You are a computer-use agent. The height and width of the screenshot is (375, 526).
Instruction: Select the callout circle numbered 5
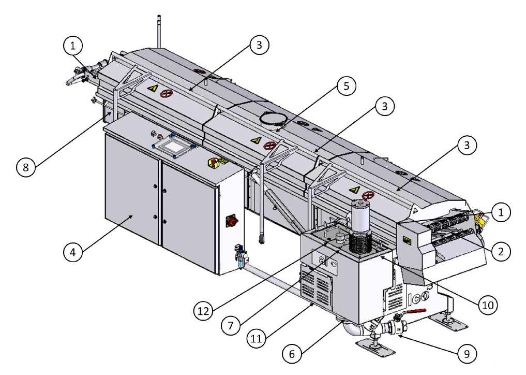pyautogui.click(x=346, y=86)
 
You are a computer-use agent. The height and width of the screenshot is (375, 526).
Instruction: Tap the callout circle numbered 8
pyautogui.click(x=26, y=167)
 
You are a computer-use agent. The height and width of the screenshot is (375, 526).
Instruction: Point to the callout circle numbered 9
pyautogui.click(x=467, y=353)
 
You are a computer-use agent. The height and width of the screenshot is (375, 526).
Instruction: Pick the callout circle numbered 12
pyautogui.click(x=203, y=311)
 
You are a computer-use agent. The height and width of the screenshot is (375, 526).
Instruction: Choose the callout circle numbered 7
pyautogui.click(x=231, y=325)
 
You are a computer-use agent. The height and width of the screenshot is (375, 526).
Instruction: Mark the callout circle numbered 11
pyautogui.click(x=257, y=338)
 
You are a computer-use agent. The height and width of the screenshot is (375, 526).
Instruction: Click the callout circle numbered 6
pyautogui.click(x=292, y=353)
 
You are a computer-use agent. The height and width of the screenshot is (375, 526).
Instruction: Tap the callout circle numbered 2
pyautogui.click(x=501, y=251)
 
